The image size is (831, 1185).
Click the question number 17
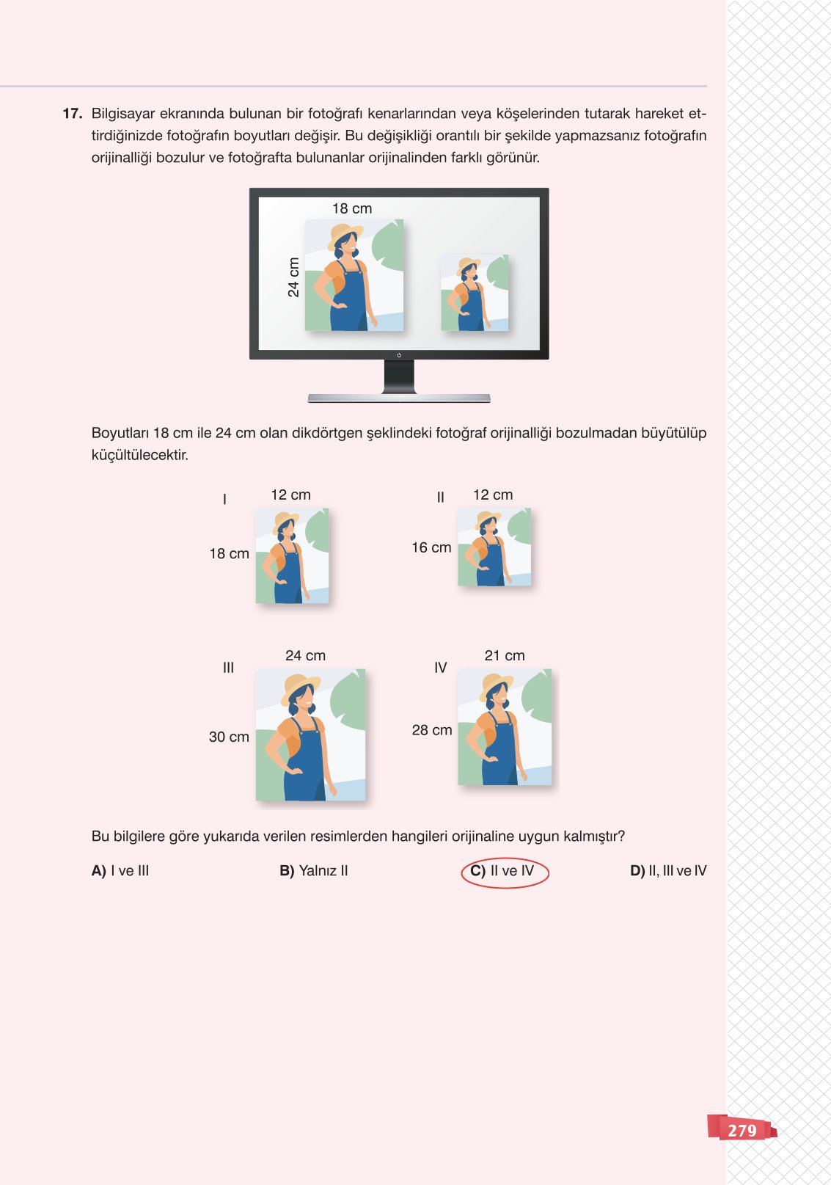pyautogui.click(x=72, y=114)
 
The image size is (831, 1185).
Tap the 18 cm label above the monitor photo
pyautogui.click(x=352, y=208)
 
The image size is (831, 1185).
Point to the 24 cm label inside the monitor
pyautogui.click(x=293, y=277)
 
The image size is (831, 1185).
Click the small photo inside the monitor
pyautogui.click(x=475, y=293)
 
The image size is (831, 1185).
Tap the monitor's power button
pyautogui.click(x=399, y=355)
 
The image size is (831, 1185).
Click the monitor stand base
pyautogui.click(x=399, y=398)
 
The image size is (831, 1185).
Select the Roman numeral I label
pyautogui.click(x=224, y=499)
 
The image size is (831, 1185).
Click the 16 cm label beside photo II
pyautogui.click(x=431, y=547)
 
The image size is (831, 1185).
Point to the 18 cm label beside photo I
pyautogui.click(x=229, y=553)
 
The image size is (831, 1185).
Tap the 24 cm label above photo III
pyautogui.click(x=305, y=655)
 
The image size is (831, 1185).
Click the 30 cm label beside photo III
pyautogui.click(x=229, y=737)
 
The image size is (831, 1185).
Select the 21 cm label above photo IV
pyautogui.click(x=505, y=655)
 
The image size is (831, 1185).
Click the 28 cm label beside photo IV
pyautogui.click(x=432, y=730)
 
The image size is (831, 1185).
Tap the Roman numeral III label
pyautogui.click(x=228, y=668)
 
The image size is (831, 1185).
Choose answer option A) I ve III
pyautogui.click(x=120, y=871)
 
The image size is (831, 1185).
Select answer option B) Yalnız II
pyautogui.click(x=314, y=871)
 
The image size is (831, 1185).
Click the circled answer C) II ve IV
pyautogui.click(x=504, y=872)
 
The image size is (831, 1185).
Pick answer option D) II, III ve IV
pyautogui.click(x=668, y=871)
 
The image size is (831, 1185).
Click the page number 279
pyautogui.click(x=742, y=1130)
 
